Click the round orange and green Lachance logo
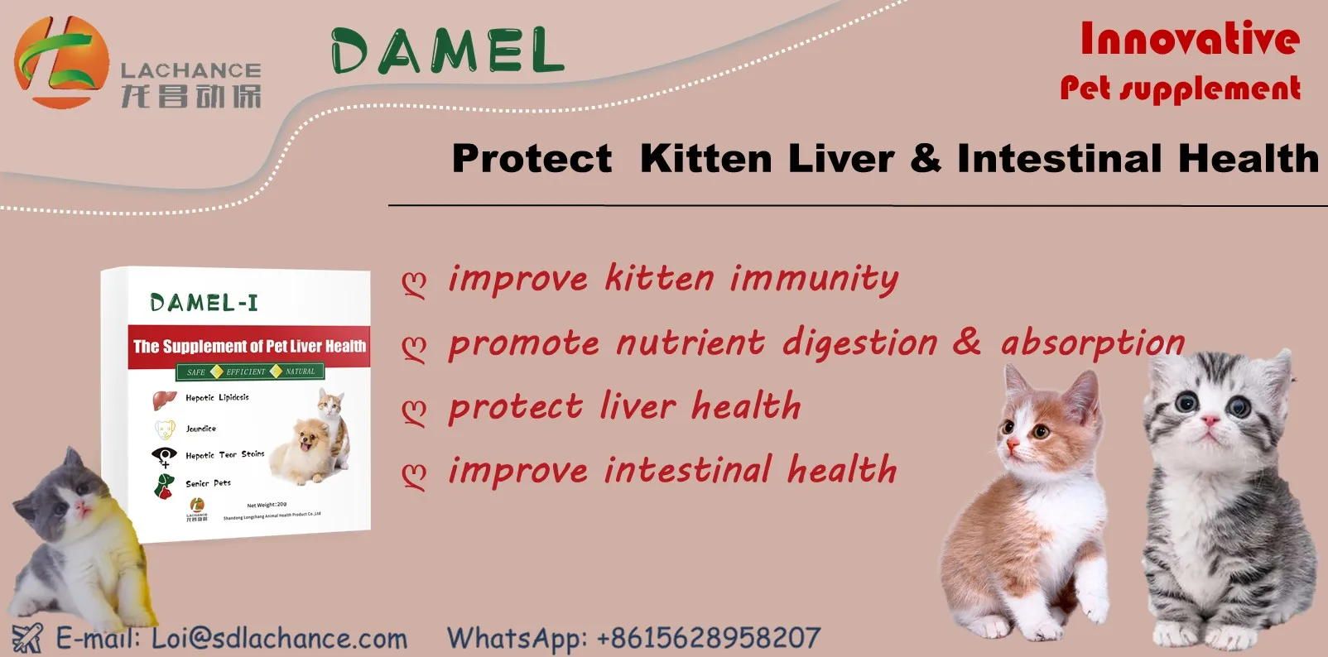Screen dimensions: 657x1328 coord(60,63)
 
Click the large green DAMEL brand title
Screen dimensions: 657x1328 coord(447,51)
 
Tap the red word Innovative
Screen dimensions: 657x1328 coord(1189,40)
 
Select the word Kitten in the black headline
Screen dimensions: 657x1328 coord(705,158)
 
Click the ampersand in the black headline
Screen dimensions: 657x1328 coord(925,158)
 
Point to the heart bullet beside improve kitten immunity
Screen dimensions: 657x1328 coord(414,284)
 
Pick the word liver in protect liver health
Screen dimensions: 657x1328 coord(637,406)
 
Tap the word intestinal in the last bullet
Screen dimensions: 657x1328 coord(688,470)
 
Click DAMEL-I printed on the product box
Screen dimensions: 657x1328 coord(204,303)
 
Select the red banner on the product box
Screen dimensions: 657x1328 coord(249,346)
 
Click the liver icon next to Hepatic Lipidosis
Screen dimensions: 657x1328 coord(164,400)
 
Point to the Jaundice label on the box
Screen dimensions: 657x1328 coord(200,429)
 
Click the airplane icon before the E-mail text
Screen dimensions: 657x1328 coord(26,639)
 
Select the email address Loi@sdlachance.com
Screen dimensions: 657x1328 coord(279,639)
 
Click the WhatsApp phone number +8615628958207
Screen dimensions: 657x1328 coord(708,638)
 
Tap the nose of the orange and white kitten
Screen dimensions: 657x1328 coord(1013,444)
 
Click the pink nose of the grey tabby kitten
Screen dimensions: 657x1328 coord(1210,422)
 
